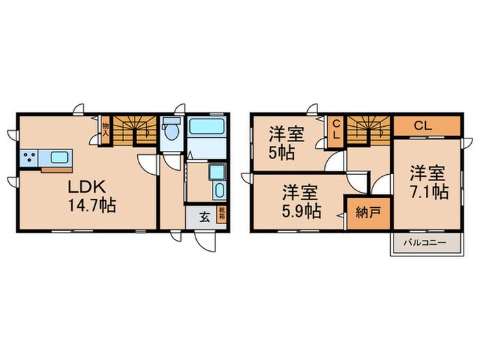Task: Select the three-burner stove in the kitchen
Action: click(30, 158)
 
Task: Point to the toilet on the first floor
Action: click(171, 132)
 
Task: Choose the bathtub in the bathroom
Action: click(206, 128)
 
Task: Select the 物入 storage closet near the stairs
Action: click(106, 130)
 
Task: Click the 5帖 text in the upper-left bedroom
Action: click(282, 153)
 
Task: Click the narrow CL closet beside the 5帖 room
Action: click(336, 130)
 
